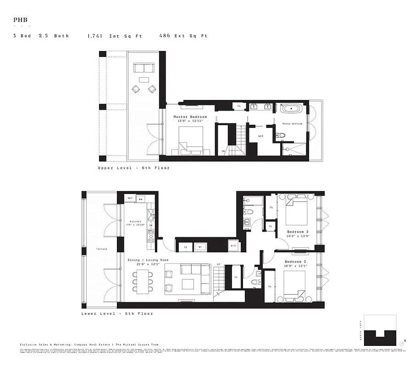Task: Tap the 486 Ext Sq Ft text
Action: pyautogui.click(x=183, y=35)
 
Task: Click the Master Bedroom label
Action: pyautogui.click(x=190, y=117)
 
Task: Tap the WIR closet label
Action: pyautogui.click(x=260, y=136)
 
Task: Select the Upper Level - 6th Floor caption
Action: pyautogui.click(x=133, y=168)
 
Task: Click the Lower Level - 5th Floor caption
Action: pyautogui.click(x=117, y=314)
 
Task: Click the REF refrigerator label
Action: pyautogui.click(x=130, y=199)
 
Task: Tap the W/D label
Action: pyautogui.click(x=233, y=246)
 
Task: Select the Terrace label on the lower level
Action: pyautogui.click(x=101, y=249)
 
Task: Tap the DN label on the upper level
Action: pyautogui.click(x=223, y=151)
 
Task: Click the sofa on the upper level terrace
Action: pyautogui.click(x=144, y=68)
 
